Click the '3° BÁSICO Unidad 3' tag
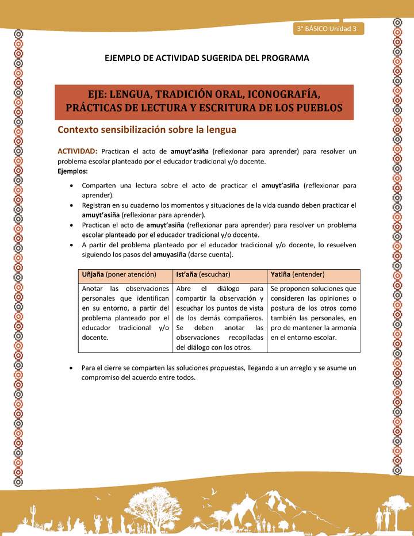pyautogui.click(x=327, y=29)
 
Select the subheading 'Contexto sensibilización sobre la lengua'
pyautogui.click(x=147, y=130)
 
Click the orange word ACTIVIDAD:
pyautogui.click(x=77, y=151)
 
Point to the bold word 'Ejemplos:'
pyautogui.click(x=73, y=171)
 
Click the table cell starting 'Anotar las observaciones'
pyautogui.click(x=125, y=313)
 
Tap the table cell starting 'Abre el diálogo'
pyautogui.click(x=220, y=317)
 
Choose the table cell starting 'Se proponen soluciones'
pyautogui.click(x=313, y=313)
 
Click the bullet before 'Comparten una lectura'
pyautogui.click(x=70, y=186)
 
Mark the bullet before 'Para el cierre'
pyautogui.click(x=70, y=367)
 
